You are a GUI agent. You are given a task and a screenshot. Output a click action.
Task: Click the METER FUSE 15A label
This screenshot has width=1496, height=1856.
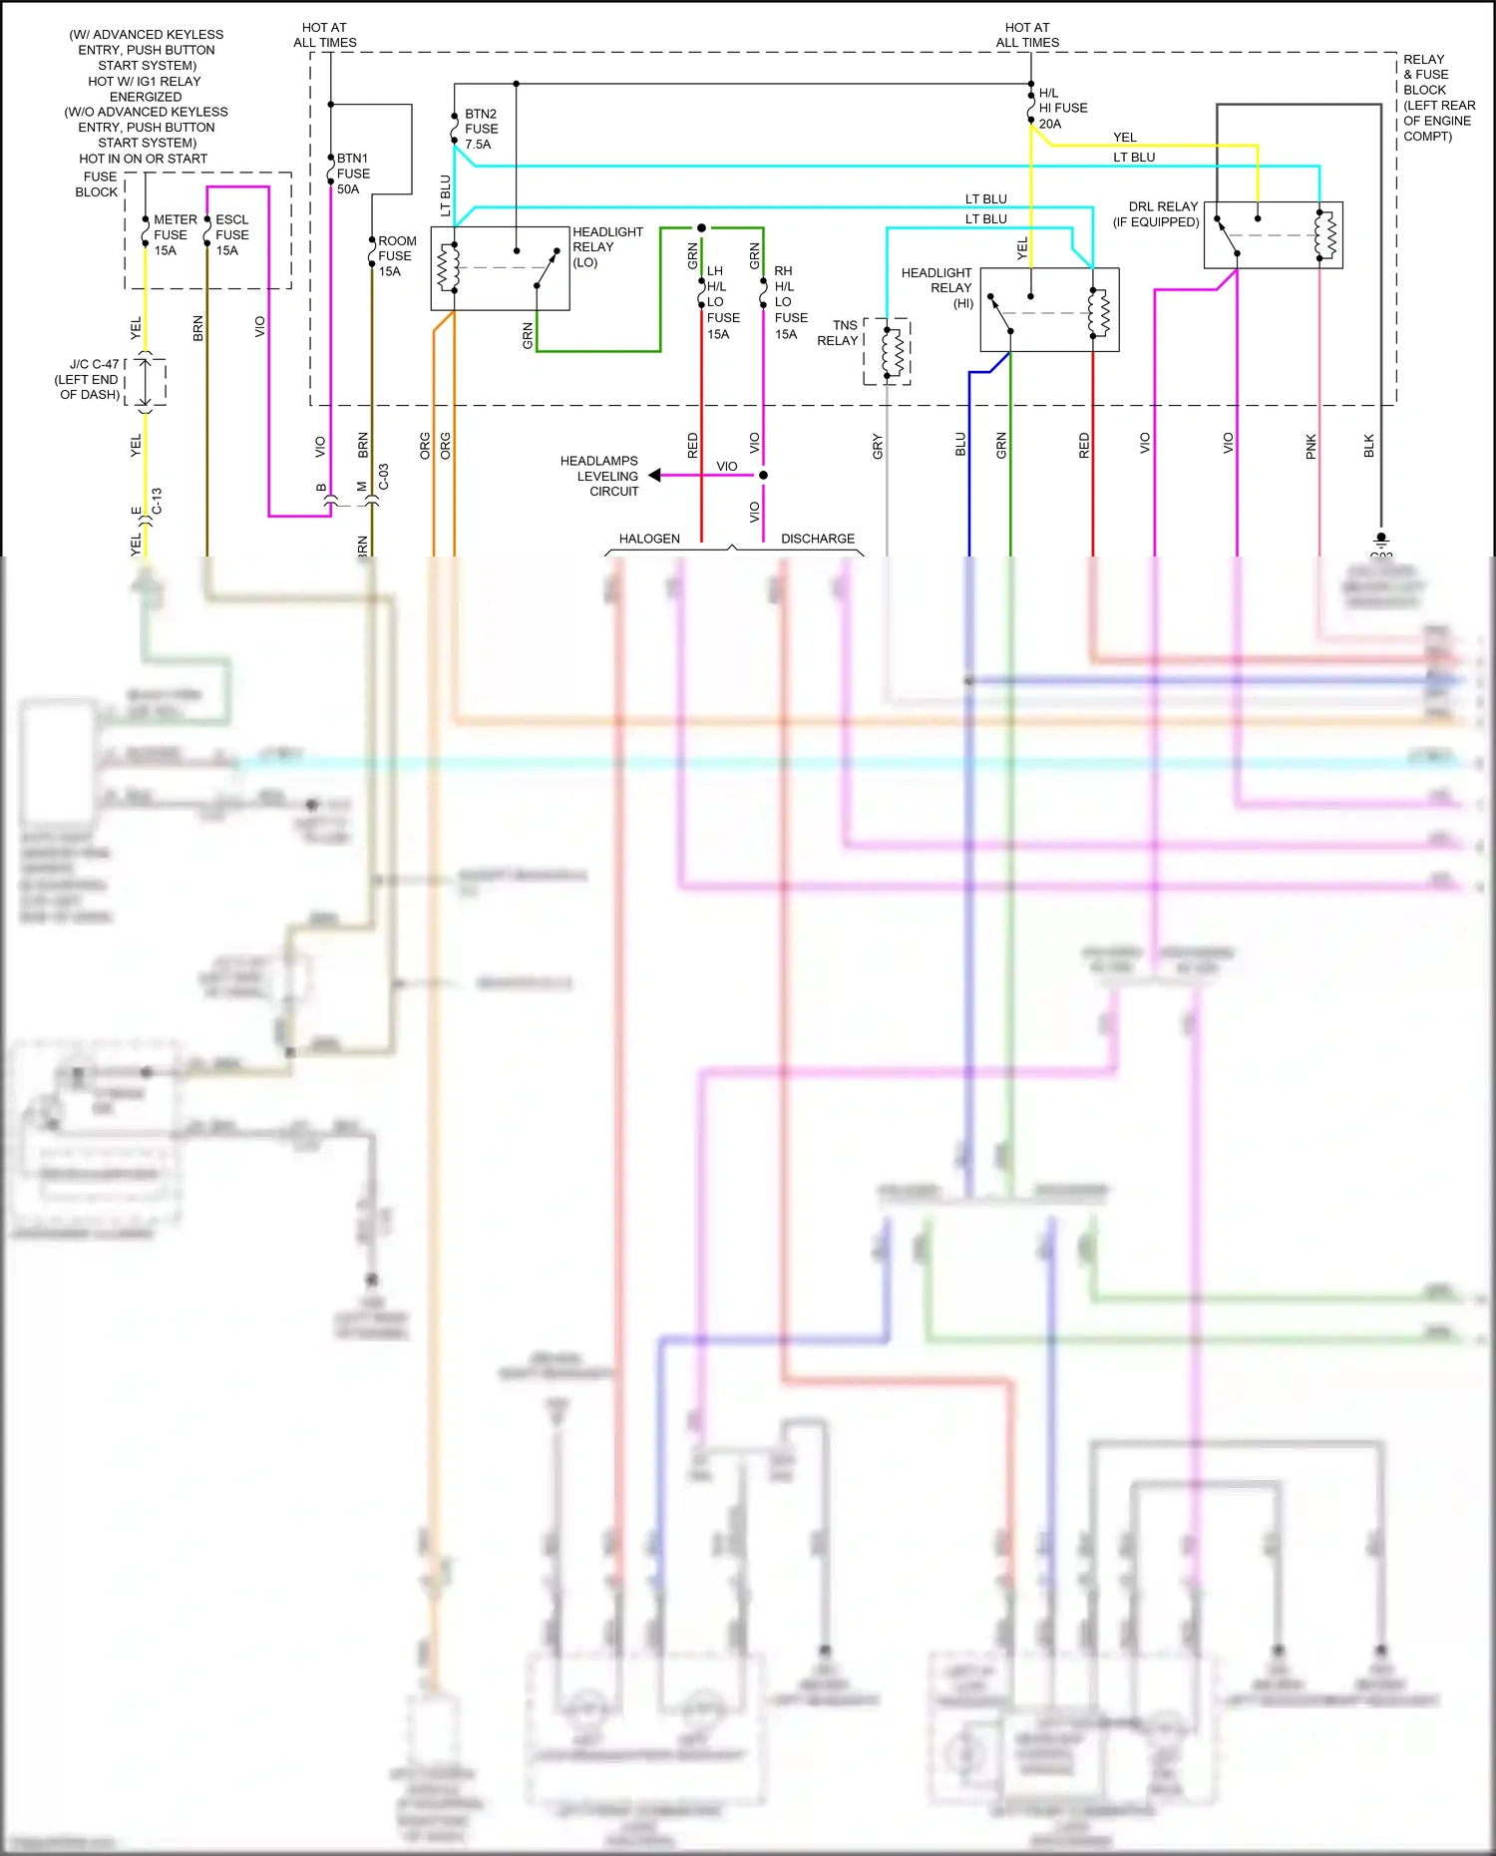[174, 235]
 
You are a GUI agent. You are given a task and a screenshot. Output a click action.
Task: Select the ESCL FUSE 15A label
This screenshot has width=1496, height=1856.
[231, 235]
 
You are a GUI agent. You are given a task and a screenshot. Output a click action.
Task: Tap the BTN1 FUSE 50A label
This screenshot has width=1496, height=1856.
[352, 174]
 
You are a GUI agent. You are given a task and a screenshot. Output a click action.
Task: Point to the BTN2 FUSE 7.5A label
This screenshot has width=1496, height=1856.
[481, 129]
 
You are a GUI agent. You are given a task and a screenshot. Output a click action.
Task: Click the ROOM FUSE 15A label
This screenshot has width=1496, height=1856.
[396, 256]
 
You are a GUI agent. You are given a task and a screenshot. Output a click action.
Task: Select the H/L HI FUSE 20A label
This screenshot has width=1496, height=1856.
[1062, 109]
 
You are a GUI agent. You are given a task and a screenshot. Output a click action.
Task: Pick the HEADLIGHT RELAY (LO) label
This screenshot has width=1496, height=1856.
[606, 247]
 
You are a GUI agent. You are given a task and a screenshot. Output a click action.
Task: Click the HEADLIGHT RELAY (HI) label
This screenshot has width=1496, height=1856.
[936, 287]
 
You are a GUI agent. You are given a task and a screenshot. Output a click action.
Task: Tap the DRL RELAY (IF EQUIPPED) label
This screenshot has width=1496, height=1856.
[1157, 214]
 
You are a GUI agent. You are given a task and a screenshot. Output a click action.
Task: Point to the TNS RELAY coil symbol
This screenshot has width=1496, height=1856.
[892, 351]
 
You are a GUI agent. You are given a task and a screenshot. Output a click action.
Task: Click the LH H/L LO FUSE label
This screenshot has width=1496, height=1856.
[722, 302]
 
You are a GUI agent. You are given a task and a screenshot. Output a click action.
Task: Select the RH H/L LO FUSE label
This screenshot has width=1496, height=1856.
[790, 302]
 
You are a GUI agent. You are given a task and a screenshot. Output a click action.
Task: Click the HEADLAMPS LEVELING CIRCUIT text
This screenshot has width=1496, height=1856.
[599, 476]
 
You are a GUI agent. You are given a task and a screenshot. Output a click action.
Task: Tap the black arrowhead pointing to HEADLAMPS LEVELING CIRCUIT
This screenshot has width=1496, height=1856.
[654, 476]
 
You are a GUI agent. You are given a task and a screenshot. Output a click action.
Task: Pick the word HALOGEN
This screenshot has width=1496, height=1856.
[649, 539]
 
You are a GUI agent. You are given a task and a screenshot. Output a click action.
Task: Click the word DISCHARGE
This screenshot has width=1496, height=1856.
[817, 539]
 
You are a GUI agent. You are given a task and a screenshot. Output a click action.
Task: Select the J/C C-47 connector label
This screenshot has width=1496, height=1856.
[89, 380]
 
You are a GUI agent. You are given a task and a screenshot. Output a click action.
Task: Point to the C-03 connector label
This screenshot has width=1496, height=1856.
[383, 477]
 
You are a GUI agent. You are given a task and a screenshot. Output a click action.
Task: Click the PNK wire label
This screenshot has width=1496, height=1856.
[1311, 446]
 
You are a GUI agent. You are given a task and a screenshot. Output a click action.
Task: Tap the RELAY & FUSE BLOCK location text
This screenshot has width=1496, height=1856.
[1437, 98]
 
